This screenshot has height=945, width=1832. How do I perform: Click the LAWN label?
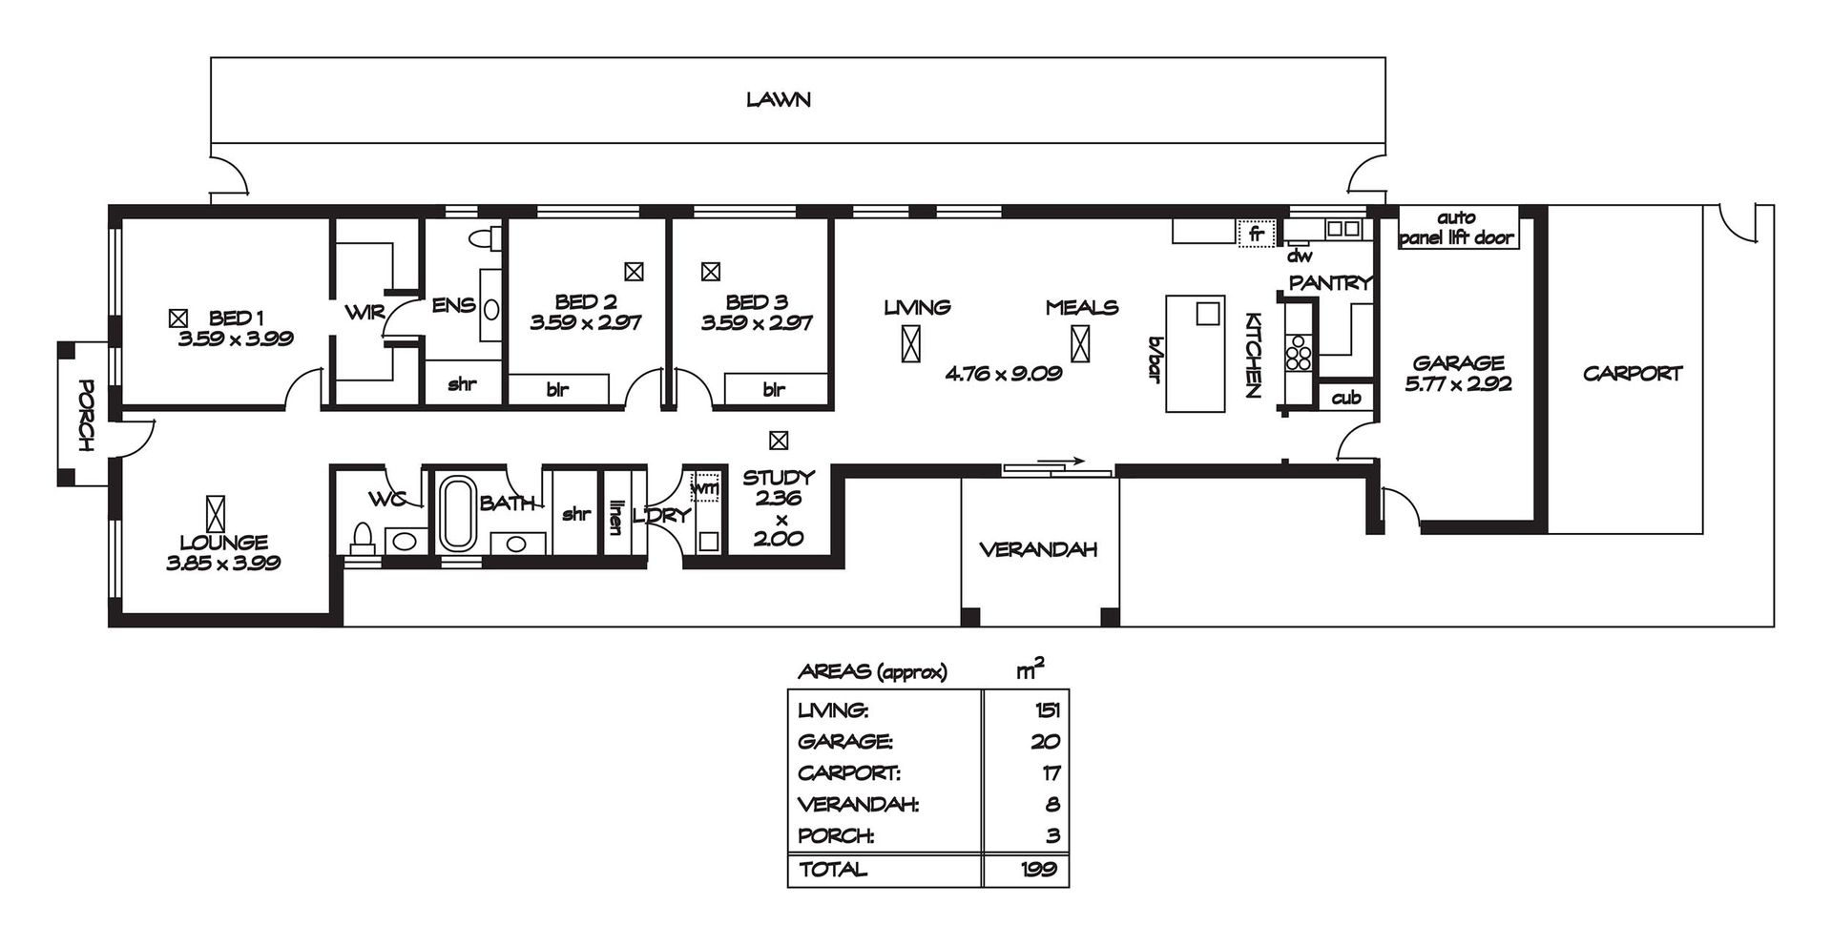[779, 99]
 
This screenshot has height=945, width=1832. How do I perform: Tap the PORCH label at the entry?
[86, 416]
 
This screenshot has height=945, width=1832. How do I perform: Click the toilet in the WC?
[363, 538]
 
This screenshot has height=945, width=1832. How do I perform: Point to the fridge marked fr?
[1256, 233]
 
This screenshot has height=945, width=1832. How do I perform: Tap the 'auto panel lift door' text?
[1457, 228]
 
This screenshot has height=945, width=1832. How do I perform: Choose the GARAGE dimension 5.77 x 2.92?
[1459, 385]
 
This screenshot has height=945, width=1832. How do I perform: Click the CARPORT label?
[1633, 374]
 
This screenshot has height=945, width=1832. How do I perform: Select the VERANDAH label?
[1039, 549]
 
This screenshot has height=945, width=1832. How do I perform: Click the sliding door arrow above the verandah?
[1061, 462]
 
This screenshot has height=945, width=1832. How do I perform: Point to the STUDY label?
[779, 477]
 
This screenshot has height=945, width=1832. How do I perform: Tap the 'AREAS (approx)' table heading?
[872, 672]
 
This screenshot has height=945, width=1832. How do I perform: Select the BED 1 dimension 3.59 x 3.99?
[236, 338]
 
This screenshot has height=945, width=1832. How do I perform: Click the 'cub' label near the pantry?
[1346, 398]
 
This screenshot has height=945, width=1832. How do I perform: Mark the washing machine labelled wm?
[705, 487]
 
